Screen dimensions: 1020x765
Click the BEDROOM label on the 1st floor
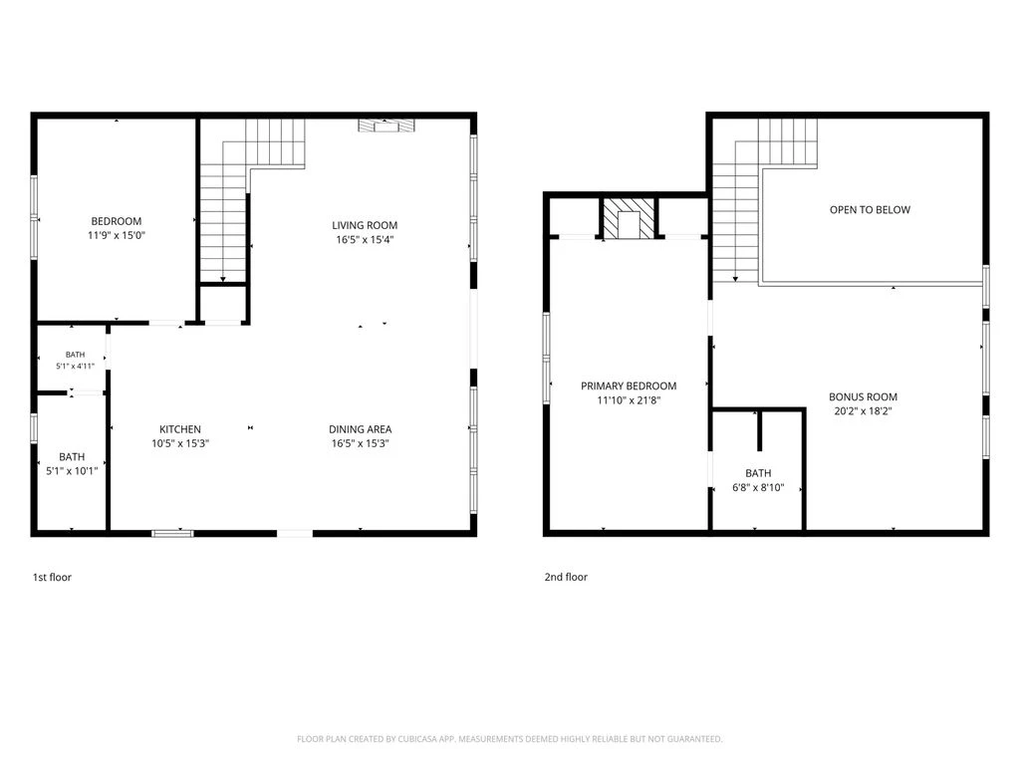(116, 221)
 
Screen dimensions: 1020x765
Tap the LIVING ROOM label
(365, 225)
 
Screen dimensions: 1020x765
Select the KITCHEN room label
(180, 429)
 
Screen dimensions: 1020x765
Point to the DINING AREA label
(360, 429)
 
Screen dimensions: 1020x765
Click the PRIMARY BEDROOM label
(629, 385)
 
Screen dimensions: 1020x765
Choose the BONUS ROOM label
(863, 396)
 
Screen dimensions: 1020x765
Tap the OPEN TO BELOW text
(870, 209)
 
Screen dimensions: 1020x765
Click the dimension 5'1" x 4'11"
(75, 367)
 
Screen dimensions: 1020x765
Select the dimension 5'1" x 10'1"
(72, 471)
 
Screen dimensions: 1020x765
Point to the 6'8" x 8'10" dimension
(758, 487)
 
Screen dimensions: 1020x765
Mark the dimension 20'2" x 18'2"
(863, 411)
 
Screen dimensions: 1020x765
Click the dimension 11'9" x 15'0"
(116, 235)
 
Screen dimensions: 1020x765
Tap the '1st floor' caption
(52, 577)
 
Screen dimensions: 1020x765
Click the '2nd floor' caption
(566, 577)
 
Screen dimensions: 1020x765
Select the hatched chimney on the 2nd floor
(629, 218)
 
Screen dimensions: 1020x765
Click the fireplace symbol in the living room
(386, 126)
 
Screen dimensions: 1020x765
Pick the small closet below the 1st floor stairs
(222, 303)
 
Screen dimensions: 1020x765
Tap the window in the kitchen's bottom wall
(172, 534)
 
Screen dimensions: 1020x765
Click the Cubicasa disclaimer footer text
(509, 739)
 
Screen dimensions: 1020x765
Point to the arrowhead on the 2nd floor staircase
(736, 279)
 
